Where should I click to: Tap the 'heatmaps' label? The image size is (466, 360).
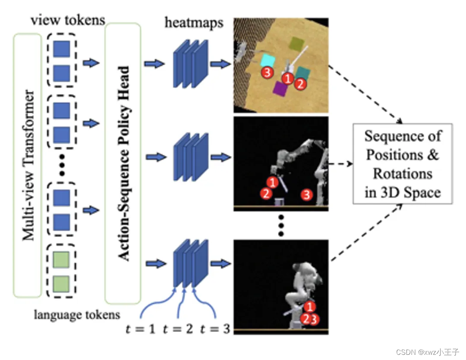[x=194, y=22]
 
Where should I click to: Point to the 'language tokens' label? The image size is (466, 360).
[x=77, y=315]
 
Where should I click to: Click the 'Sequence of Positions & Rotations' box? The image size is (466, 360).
[x=403, y=164]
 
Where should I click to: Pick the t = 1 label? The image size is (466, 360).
[x=141, y=329]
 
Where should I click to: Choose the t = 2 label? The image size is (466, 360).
[x=178, y=329]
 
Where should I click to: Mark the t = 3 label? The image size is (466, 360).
[x=215, y=329]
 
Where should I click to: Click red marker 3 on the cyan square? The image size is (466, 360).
[x=268, y=73]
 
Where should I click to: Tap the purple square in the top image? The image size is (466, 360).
[x=280, y=89]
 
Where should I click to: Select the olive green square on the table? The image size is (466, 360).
[x=296, y=44]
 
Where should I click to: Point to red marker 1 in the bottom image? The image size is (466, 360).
[x=309, y=307]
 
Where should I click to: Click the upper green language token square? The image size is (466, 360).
[x=61, y=261]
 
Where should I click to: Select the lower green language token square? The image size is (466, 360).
[x=61, y=284]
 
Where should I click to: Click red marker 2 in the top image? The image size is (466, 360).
[x=300, y=83]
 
